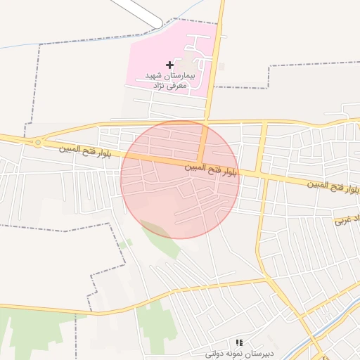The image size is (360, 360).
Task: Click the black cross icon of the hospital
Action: click(169, 65)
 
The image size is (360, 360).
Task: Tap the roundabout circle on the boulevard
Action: click(37, 142)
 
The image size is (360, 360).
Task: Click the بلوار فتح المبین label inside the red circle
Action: click(212, 168)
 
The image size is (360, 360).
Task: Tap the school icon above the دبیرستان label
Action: click(239, 342)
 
